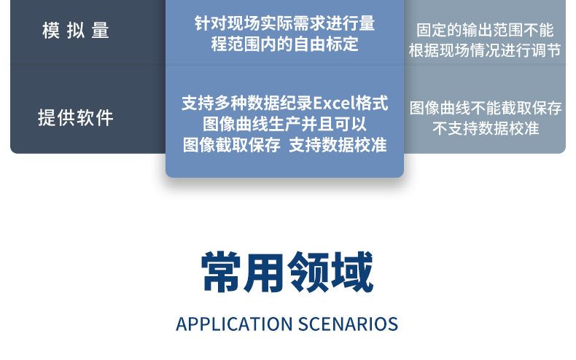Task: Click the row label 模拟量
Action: click(x=76, y=30)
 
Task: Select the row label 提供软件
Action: click(x=76, y=117)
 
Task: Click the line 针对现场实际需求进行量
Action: click(x=284, y=23)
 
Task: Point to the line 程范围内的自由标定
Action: click(x=284, y=44)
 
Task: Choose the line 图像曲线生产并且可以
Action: click(x=284, y=124)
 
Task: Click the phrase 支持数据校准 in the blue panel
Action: click(x=338, y=145)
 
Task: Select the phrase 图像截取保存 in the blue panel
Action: click(x=232, y=145)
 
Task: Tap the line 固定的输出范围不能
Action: click(x=485, y=30)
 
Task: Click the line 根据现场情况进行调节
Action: click(x=485, y=50)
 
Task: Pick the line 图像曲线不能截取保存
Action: click(x=486, y=108)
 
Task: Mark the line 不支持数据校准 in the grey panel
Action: click(x=486, y=128)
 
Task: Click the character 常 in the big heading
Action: click(x=221, y=273)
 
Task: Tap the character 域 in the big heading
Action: click(x=352, y=273)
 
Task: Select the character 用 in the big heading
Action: click(x=265, y=273)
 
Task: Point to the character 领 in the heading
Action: click(x=308, y=273)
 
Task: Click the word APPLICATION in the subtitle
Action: click(x=234, y=324)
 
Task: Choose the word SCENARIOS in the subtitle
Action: click(x=349, y=324)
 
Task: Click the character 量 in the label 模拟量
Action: click(x=101, y=30)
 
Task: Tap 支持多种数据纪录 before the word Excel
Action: click(x=247, y=103)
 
